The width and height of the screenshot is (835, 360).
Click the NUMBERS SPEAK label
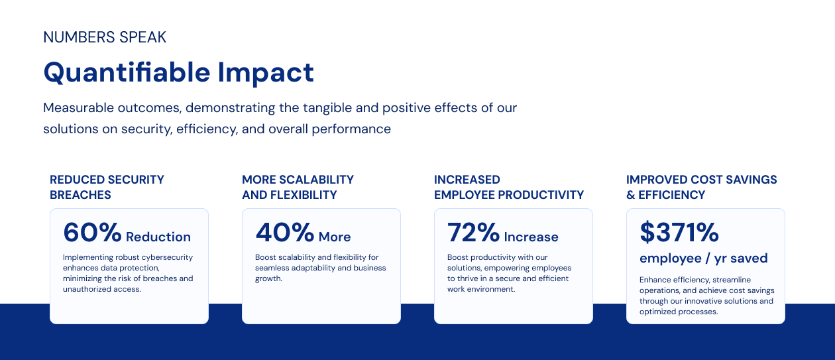105,37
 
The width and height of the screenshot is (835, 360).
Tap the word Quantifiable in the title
127,73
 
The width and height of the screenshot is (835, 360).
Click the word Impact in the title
266,74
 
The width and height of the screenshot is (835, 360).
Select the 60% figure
92,232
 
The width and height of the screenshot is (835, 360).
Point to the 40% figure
285,232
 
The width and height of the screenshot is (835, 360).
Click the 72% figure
473,232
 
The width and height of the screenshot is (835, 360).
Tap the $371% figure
679,232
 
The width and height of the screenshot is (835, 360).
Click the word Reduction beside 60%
158,237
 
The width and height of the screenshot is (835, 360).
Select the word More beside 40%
335,237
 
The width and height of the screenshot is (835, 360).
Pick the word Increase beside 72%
531,237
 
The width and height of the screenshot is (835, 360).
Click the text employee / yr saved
703,258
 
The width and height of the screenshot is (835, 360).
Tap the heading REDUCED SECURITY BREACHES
107,187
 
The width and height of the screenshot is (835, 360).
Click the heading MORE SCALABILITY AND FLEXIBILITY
298,187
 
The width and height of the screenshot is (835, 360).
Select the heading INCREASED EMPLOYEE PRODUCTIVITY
509,187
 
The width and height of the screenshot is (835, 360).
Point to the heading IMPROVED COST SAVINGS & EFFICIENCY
702,187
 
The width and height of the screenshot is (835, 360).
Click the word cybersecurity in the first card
167,257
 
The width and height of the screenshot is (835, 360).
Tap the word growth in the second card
268,278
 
